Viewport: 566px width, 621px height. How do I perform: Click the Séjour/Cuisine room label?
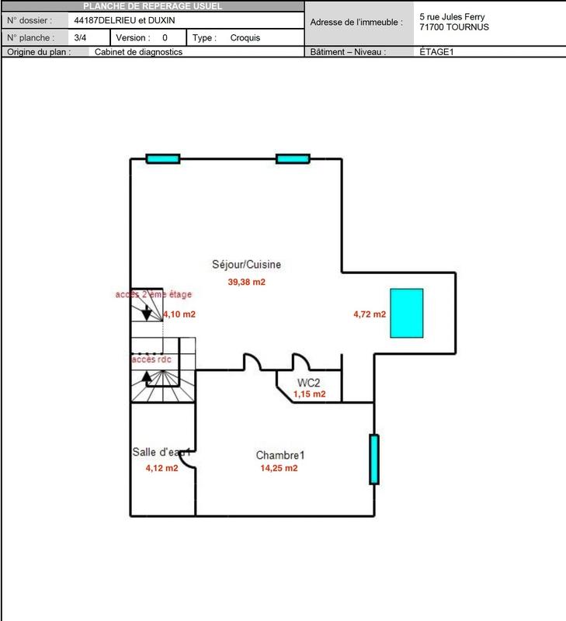coord(246,265)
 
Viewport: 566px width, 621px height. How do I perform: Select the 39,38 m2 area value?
coord(246,283)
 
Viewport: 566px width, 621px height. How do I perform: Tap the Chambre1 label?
coord(280,455)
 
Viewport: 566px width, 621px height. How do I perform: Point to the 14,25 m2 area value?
coord(279,468)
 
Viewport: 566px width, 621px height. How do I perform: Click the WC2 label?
coord(308,383)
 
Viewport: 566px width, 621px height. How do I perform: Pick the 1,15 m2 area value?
coord(308,394)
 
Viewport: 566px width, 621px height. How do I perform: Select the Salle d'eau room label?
coord(161,453)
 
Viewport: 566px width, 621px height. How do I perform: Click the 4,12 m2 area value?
coord(161,468)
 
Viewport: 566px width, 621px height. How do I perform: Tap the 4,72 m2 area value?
coord(370,314)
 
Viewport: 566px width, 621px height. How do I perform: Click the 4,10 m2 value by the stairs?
coord(179,314)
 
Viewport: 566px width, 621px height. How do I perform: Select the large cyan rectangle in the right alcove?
coord(406,312)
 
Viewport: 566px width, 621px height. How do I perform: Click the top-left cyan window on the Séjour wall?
coord(164,159)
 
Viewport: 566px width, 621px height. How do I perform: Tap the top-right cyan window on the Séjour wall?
coord(293,159)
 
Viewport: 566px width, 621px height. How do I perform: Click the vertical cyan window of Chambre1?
coord(373,459)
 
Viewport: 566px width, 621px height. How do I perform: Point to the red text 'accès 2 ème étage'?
coord(153,295)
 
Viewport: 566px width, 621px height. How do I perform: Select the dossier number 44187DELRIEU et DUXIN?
coord(119,20)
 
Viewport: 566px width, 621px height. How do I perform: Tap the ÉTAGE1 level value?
coord(436,53)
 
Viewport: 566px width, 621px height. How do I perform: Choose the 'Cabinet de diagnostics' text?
coord(138,53)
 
